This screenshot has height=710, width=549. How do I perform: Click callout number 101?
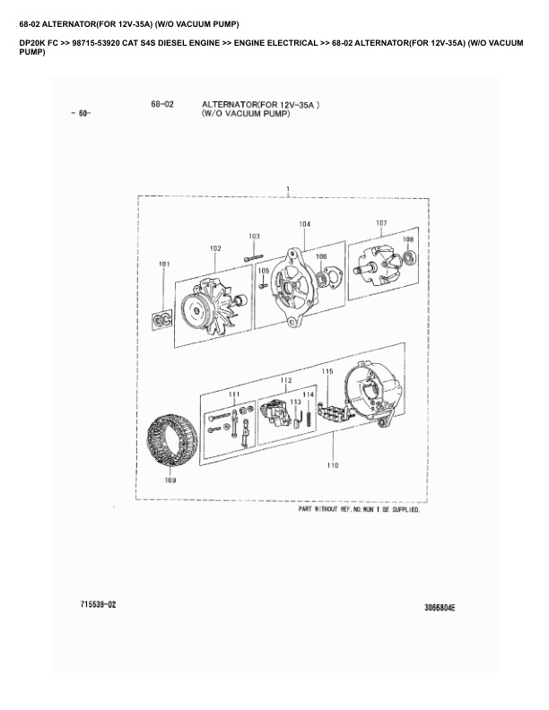164,264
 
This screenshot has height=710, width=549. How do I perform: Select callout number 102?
215,248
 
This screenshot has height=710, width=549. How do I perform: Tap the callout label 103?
255,236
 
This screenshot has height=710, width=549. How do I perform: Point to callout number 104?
305,224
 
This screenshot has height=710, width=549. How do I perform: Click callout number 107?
381,223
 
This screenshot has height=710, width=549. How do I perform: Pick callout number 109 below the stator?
170,481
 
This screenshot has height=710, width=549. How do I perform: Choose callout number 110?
333,465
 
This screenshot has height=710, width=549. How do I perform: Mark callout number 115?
327,371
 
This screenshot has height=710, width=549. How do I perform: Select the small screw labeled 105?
262,286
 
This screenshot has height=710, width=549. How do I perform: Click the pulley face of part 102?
196,311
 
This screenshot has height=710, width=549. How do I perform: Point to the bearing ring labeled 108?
409,256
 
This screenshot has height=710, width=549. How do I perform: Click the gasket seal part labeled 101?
161,320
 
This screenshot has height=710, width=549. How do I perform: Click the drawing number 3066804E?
440,608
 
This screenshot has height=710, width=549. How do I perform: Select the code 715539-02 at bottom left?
98,604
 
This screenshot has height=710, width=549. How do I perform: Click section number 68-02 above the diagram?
162,105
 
